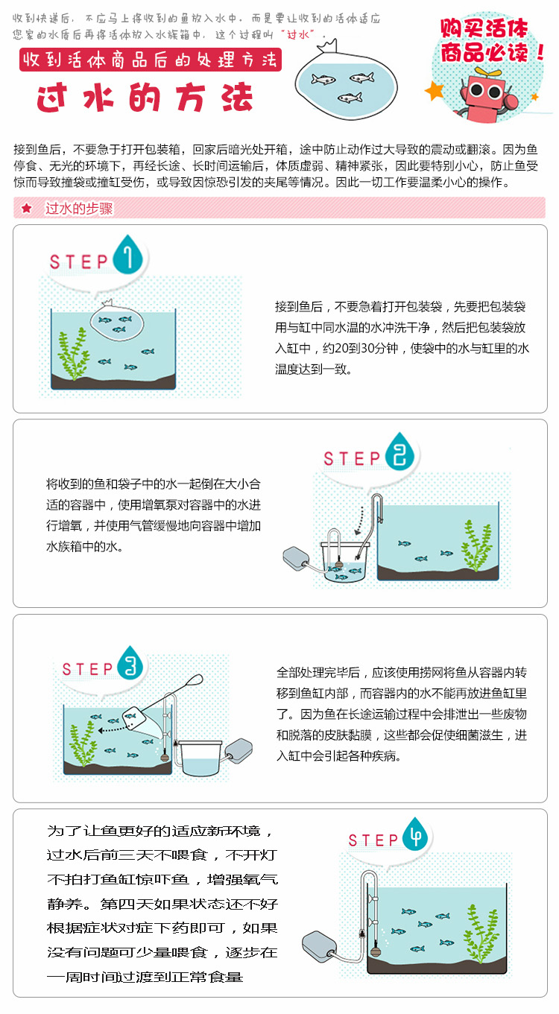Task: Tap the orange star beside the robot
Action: (434, 91)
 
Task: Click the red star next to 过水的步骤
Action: (27, 208)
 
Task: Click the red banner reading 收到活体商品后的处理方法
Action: (151, 60)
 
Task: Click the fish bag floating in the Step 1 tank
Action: (116, 322)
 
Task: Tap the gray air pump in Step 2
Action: (296, 558)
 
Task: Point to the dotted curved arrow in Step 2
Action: (360, 521)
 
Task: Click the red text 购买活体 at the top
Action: (484, 28)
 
